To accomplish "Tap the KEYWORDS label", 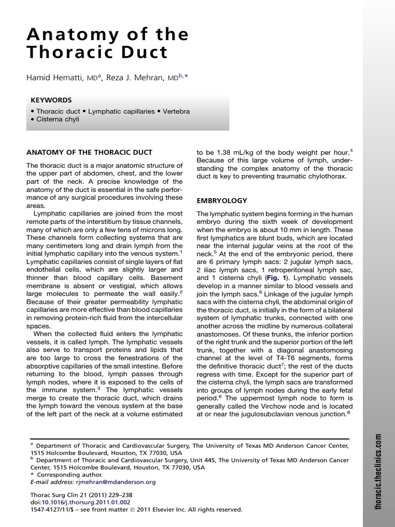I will pyautogui.click(x=51, y=100).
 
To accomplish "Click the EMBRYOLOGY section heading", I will pyautogui.click(x=222, y=201).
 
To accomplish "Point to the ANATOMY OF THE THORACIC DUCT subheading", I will pyautogui.click(x=89, y=152).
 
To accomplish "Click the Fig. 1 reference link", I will pyautogui.click(x=275, y=277).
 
